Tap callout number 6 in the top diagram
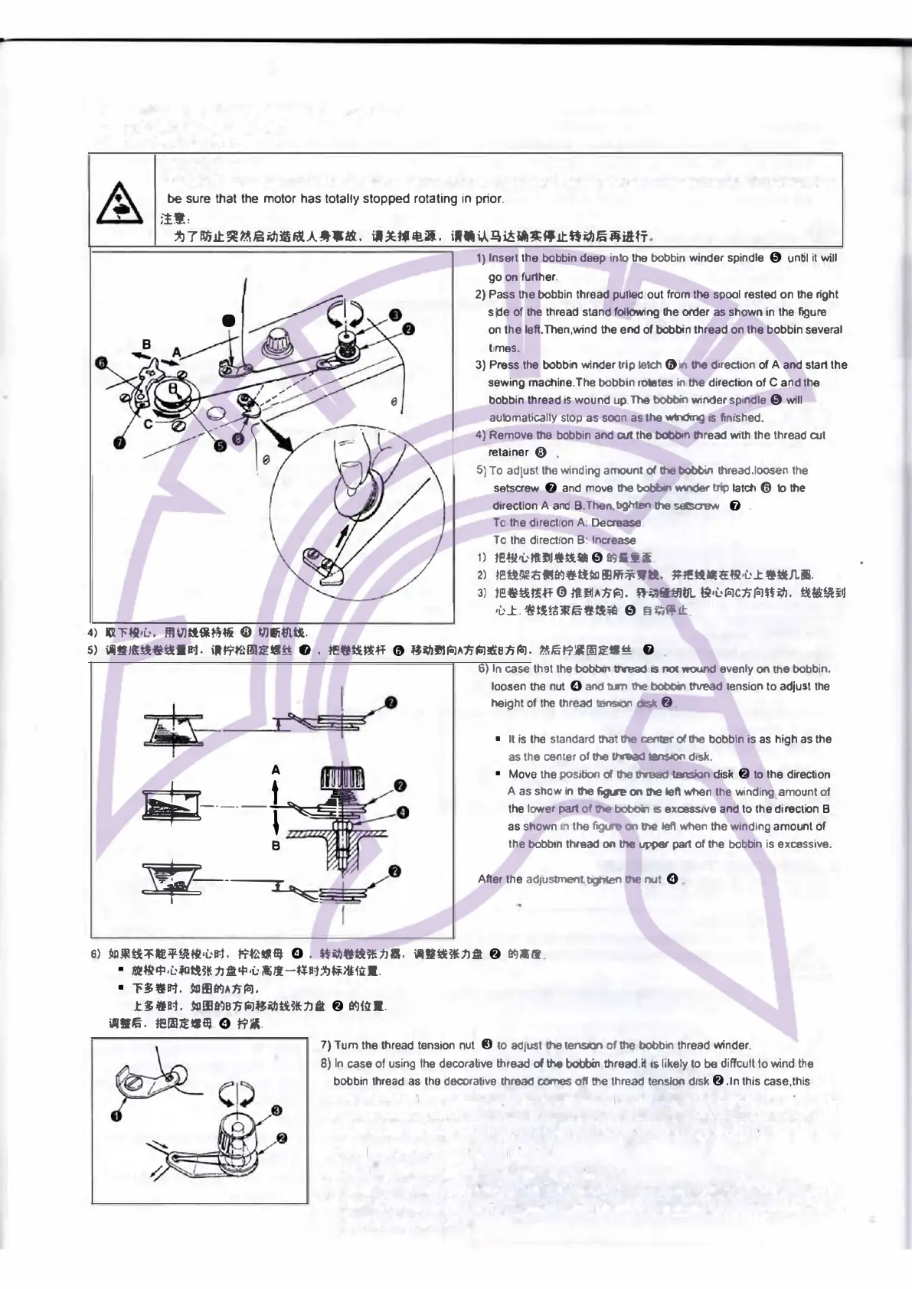[x=102, y=364]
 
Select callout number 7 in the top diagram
[x=120, y=442]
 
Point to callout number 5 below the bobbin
[x=221, y=445]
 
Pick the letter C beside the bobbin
[x=149, y=422]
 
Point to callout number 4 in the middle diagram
[x=403, y=812]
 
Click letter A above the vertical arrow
[x=276, y=769]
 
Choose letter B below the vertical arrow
[x=276, y=846]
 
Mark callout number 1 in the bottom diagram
[x=116, y=1116]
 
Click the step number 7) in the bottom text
[x=325, y=1046]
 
